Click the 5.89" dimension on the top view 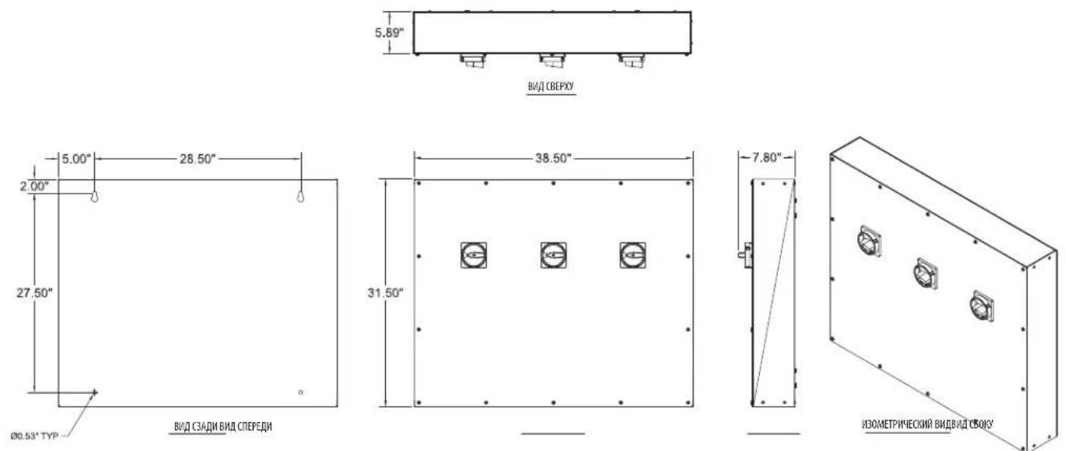389,33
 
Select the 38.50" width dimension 553,158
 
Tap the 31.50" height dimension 385,293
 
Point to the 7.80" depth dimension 767,157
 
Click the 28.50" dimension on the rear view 198,159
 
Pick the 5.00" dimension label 76,159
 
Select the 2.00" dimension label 35,186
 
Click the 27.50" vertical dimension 35,293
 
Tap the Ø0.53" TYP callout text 35,436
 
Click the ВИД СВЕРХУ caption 550,86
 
